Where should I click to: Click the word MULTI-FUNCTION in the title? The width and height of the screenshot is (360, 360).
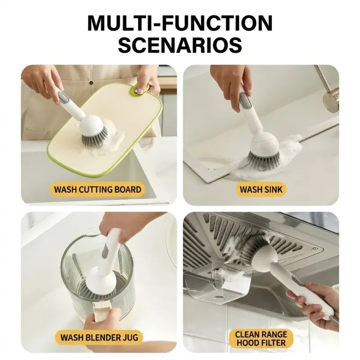click(180, 23)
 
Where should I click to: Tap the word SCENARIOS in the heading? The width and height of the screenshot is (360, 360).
click(180, 45)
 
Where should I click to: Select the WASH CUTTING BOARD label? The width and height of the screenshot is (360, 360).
click(98, 189)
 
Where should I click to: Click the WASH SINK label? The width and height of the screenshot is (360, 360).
click(261, 189)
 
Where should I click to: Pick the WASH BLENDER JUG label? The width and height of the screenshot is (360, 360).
click(99, 337)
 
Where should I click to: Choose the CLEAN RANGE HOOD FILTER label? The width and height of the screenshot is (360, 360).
click(261, 338)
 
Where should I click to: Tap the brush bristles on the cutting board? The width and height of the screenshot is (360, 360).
click(95, 137)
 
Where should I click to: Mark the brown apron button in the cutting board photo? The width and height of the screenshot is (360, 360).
click(91, 83)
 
